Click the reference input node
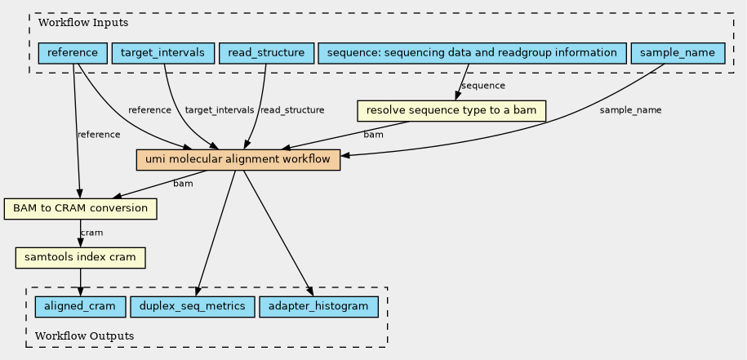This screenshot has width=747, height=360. tap(73, 54)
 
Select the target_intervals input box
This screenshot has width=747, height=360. tap(162, 54)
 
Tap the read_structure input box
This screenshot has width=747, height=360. tap(266, 54)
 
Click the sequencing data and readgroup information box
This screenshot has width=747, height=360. tap(471, 54)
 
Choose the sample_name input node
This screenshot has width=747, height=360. tap(678, 54)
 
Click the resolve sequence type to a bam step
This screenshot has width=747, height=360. tap(451, 110)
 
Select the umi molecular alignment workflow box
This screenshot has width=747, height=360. tap(238, 160)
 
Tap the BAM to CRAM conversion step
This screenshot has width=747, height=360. tap(80, 209)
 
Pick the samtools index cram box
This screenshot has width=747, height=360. tap(80, 258)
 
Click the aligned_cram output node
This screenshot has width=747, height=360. tap(80, 307)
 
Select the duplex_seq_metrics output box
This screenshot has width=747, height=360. tap(192, 307)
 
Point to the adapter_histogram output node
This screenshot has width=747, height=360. tap(318, 307)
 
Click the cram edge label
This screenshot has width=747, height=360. tap(91, 233)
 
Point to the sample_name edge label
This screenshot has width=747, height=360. tap(630, 110)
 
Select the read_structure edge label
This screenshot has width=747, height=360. tap(291, 110)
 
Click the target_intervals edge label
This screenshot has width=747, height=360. tap(220, 110)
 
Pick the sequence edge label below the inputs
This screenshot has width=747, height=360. tap(482, 86)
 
